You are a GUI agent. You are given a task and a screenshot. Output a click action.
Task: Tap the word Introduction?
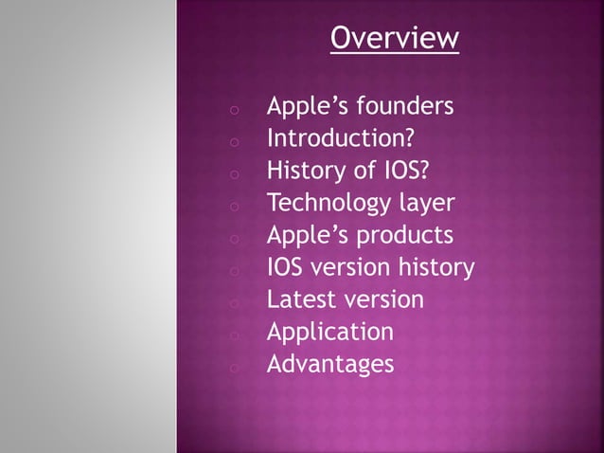(340, 139)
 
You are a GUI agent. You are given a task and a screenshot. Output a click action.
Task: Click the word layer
(425, 204)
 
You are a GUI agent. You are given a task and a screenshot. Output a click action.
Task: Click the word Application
(329, 333)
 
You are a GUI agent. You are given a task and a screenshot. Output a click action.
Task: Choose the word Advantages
(330, 365)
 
